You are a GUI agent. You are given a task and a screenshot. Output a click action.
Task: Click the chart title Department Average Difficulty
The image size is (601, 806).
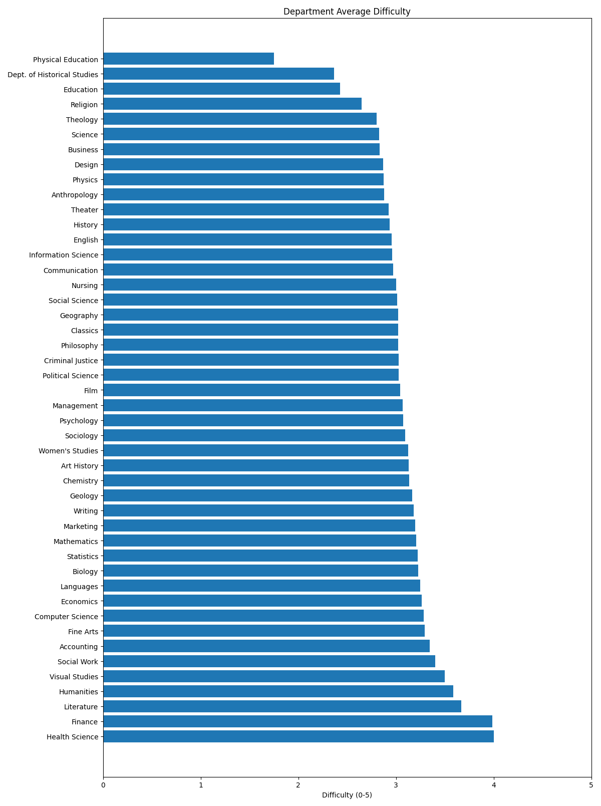[347, 12]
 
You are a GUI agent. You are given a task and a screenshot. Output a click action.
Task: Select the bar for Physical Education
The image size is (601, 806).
[188, 59]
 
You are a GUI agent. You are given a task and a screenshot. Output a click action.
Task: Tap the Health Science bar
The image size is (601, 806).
[298, 736]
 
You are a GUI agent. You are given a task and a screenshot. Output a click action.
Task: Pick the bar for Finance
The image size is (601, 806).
[298, 721]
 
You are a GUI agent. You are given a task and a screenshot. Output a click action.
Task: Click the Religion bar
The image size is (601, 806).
[232, 104]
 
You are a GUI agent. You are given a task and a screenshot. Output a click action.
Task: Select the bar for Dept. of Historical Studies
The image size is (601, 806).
[219, 74]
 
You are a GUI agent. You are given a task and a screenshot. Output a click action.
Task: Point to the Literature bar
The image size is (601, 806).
[282, 706]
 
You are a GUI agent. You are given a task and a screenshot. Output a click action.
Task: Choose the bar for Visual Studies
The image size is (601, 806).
[274, 676]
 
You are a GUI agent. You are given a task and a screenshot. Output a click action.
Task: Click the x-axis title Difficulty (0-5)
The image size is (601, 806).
[347, 795]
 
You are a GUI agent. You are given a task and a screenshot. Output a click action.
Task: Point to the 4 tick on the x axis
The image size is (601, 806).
[494, 778]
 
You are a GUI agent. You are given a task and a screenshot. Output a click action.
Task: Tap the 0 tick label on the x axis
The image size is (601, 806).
[103, 785]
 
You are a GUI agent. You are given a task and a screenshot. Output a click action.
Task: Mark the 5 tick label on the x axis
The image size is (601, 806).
[591, 785]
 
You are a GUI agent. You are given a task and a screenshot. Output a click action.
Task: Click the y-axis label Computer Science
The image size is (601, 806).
[67, 617]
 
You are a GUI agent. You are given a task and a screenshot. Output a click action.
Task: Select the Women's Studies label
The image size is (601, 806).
[68, 451]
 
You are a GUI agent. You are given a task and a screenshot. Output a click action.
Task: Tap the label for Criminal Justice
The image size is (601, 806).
[71, 361]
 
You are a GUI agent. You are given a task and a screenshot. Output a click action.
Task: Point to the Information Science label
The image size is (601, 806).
[64, 255]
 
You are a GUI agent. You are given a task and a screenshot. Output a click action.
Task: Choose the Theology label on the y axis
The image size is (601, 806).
[82, 120]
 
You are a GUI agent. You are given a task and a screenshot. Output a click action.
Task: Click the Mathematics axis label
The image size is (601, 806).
[76, 541]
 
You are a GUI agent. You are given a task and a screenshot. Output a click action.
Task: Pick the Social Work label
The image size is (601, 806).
[78, 662]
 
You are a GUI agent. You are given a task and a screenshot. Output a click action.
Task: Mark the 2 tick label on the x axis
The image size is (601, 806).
[298, 785]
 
